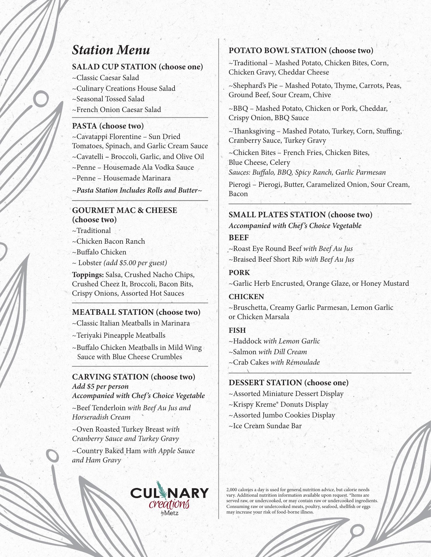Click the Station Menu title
pos(111,50)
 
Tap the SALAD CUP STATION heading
pos(137,67)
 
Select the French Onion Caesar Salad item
pos(116,110)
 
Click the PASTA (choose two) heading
pos(108,126)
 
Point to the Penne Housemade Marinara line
pos(121,178)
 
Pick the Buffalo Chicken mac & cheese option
pos(99,252)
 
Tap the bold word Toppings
pos(88,275)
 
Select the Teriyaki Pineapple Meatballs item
pos(119,335)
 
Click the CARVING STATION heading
pos(134,377)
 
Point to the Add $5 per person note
pos(100,386)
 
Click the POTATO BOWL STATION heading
pos(301,50)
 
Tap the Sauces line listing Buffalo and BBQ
pos(307,172)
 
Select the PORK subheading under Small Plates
pos(239,273)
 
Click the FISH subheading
pos(237,330)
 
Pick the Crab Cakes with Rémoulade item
pos(274,362)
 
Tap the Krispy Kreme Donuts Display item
pos(279,404)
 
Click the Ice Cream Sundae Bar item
pos(265,426)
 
